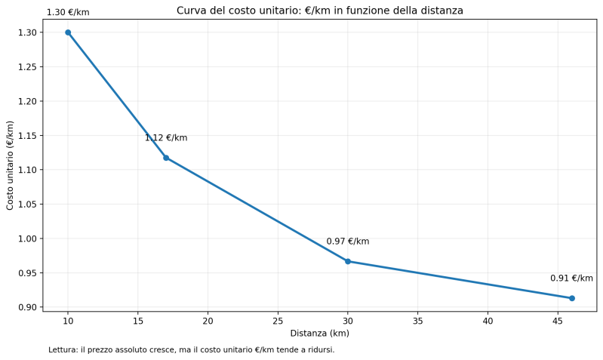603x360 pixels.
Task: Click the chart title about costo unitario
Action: click(x=319, y=11)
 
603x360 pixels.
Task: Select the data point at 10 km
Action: click(x=68, y=32)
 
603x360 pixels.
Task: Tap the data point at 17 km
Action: click(x=166, y=158)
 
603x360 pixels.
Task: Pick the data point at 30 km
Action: click(x=348, y=261)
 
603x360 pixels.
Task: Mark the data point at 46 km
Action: click(x=572, y=298)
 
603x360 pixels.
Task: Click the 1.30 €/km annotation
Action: click(x=68, y=13)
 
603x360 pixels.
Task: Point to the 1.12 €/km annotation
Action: click(x=166, y=138)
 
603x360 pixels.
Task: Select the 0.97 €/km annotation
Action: click(x=348, y=242)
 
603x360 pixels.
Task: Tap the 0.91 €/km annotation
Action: click(x=571, y=278)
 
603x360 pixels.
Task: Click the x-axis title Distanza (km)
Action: click(x=319, y=334)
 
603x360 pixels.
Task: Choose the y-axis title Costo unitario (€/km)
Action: click(x=11, y=165)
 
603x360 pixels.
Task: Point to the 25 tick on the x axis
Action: click(x=278, y=320)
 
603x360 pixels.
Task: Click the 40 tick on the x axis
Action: click(x=488, y=320)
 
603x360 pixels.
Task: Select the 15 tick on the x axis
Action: click(x=137, y=320)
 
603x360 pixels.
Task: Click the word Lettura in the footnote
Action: click(x=63, y=350)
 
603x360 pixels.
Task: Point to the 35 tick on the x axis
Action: click(x=417, y=320)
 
